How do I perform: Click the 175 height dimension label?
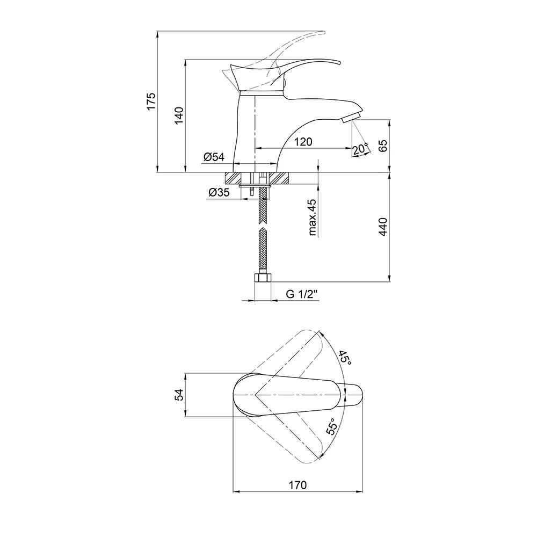pos(151,101)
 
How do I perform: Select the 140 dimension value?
pos(179,116)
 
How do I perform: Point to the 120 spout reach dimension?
pos(303,141)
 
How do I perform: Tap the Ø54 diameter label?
pos(214,157)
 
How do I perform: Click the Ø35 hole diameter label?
pos(219,192)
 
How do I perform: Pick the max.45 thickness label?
pos(313,217)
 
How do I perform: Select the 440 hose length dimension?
pos(383,227)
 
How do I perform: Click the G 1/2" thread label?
pos(302,294)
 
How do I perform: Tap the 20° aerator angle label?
pos(360,149)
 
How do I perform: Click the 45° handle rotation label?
pos(345,358)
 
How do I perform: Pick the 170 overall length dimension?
pos(297,485)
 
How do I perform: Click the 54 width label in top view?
pos(179,395)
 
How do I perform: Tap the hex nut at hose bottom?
pos(263,278)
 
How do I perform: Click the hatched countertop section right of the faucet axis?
pos(279,178)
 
